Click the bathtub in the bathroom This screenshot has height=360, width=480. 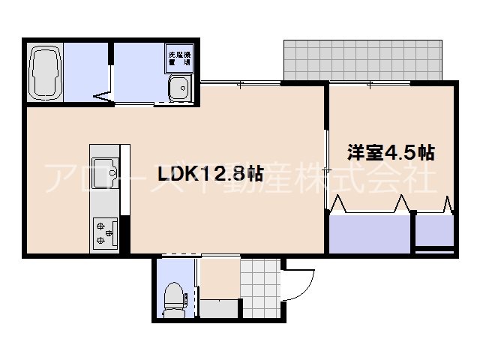click(46, 71)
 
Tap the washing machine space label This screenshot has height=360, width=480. click(179, 58)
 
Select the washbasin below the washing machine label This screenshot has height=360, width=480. click(179, 90)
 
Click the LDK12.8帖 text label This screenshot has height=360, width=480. click(210, 174)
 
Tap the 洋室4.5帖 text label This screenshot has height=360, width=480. click(390, 153)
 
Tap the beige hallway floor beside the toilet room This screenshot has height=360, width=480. click(220, 277)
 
